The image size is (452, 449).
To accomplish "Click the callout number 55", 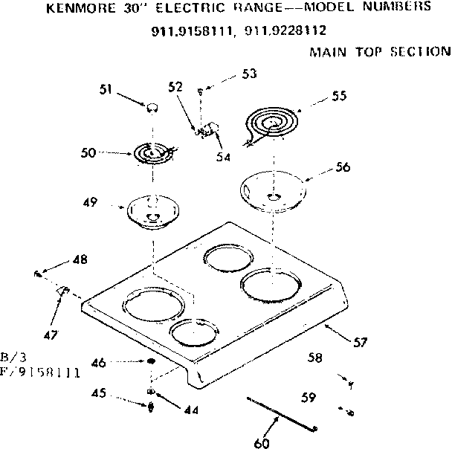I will coord(339,96).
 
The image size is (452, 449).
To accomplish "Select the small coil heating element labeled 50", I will coord(152,153).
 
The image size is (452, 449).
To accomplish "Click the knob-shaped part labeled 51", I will coord(152,107).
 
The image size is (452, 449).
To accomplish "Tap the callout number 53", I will coord(249,74).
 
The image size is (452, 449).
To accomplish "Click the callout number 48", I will coord(80,259).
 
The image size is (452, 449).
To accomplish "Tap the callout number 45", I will coord(98,393).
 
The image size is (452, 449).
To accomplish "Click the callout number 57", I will coord(360,343).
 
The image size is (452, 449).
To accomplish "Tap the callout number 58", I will coord(315,358).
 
